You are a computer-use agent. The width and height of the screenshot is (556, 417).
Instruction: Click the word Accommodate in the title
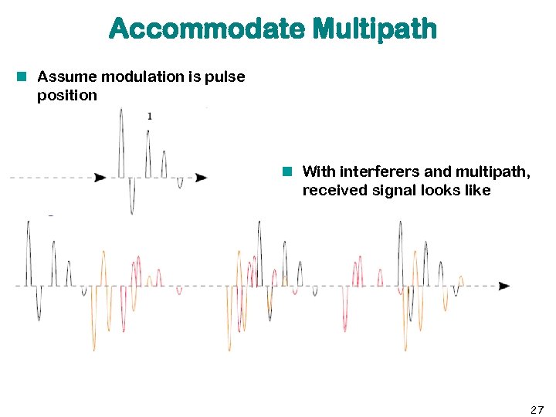[207, 29]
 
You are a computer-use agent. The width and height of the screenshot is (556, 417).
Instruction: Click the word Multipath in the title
[375, 29]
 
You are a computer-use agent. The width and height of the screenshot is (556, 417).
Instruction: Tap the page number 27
[537, 409]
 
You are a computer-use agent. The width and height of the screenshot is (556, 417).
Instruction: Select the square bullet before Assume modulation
[24, 76]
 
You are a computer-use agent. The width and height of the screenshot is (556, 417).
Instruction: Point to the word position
[67, 96]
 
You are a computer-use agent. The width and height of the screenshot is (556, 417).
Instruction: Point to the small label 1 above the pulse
[149, 116]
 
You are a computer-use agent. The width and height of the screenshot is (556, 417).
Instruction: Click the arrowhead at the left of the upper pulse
[100, 178]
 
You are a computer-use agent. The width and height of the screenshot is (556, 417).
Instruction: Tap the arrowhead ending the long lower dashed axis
[504, 286]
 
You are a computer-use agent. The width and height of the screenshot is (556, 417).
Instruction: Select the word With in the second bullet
[319, 171]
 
